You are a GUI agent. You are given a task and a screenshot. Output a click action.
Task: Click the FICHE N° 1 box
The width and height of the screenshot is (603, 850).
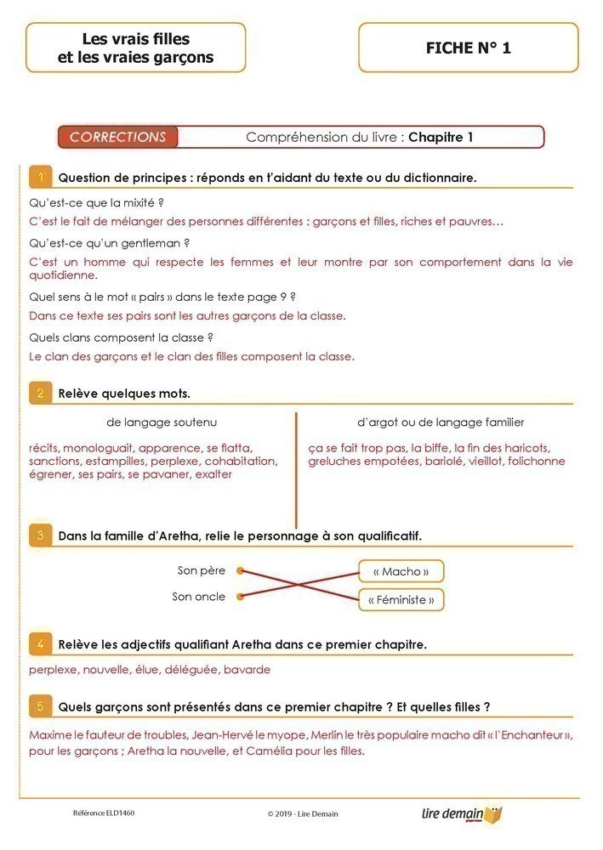tap(469, 48)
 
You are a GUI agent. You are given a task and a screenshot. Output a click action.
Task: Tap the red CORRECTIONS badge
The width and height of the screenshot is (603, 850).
tap(118, 137)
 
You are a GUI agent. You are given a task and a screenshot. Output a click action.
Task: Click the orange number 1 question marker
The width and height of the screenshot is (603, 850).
tap(40, 177)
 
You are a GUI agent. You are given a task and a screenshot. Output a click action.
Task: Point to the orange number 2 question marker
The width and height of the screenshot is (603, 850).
tap(40, 393)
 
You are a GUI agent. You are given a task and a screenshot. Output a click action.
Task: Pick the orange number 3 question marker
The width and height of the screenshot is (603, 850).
tap(40, 535)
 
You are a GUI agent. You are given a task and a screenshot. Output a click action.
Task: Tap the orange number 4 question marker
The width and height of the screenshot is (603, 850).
tap(40, 643)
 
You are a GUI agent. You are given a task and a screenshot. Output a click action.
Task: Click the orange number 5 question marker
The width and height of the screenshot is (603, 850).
tap(40, 706)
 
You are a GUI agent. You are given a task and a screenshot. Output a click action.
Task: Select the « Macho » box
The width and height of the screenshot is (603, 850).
tap(401, 571)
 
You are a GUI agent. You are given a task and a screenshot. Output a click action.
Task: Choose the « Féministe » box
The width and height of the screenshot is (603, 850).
tap(401, 600)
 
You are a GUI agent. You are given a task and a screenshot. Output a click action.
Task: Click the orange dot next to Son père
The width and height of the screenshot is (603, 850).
tap(241, 571)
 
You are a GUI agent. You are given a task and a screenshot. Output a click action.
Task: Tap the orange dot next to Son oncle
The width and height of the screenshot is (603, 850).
tap(241, 597)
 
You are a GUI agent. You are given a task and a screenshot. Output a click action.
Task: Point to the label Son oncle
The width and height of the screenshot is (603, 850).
tap(199, 597)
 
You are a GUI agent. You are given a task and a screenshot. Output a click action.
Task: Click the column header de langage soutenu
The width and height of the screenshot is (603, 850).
tap(162, 422)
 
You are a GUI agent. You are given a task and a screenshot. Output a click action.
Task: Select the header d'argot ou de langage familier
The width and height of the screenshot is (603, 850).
tap(441, 422)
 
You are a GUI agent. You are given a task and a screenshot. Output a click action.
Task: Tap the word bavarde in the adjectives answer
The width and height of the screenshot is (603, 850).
tap(247, 670)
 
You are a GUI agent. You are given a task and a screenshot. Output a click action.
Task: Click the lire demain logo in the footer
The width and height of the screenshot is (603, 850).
tap(462, 814)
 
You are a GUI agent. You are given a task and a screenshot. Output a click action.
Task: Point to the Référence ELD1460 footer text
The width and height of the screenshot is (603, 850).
tap(104, 813)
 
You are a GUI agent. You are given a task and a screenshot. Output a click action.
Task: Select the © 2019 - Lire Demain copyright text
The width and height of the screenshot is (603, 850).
tap(302, 813)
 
